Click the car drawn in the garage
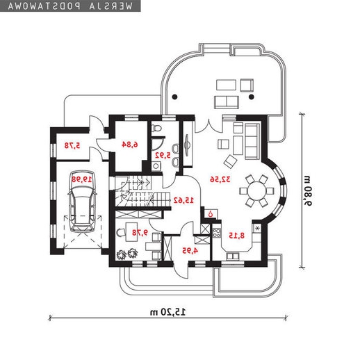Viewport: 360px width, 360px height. pos(83,202)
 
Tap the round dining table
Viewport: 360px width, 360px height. pos(256,191)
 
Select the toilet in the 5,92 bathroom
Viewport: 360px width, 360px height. pos(156,129)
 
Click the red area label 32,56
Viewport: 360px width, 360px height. pos(220,179)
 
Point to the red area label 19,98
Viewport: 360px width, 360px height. pos(82,179)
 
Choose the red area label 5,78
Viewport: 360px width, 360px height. pos(72,145)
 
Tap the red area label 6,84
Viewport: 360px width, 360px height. pos(130,145)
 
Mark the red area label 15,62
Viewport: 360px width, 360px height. pos(183,200)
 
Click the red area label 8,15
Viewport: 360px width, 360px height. pos(236,236)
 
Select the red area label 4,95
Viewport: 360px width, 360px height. pos(190,250)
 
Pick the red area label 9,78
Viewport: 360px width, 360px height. pos(140,232)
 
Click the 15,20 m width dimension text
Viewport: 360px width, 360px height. pos(168,312)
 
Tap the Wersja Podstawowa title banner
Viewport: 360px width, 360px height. pos(70,6)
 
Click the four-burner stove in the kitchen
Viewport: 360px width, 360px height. pos(217,233)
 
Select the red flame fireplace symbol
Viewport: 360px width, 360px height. pos(211,214)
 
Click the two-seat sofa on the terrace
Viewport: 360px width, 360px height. pos(227,102)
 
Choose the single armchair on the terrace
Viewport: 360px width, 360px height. pos(247,85)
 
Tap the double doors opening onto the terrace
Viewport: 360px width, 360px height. pos(209,125)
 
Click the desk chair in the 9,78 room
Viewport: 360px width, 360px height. pos(120,233)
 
